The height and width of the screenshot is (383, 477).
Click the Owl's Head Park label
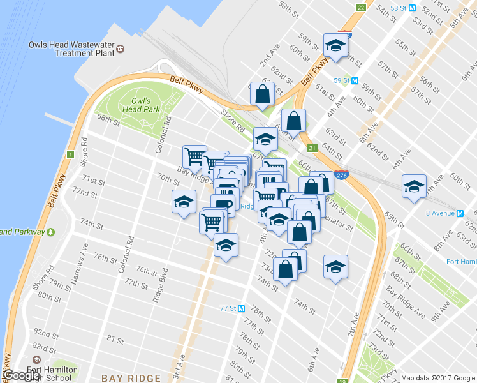141,105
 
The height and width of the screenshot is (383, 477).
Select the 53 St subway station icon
412,8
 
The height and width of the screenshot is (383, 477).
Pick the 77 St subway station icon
242,309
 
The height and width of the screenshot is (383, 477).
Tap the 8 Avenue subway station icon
459,213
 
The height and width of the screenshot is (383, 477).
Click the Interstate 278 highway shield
344,175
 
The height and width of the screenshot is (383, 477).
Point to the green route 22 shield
361,8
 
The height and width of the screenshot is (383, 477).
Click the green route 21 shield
312,149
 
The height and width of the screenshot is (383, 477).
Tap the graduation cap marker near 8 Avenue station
415,186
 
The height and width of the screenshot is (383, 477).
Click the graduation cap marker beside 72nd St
183,202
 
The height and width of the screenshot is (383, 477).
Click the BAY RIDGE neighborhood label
131,378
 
